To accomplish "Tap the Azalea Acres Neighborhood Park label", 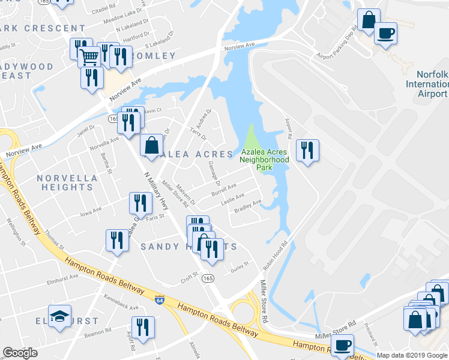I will [264, 160].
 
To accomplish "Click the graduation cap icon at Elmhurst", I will [60, 316].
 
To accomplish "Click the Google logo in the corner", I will [20, 353].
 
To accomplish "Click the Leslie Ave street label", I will [232, 197].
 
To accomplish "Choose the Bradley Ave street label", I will [247, 207].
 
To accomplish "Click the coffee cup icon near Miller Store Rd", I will [343, 346].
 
